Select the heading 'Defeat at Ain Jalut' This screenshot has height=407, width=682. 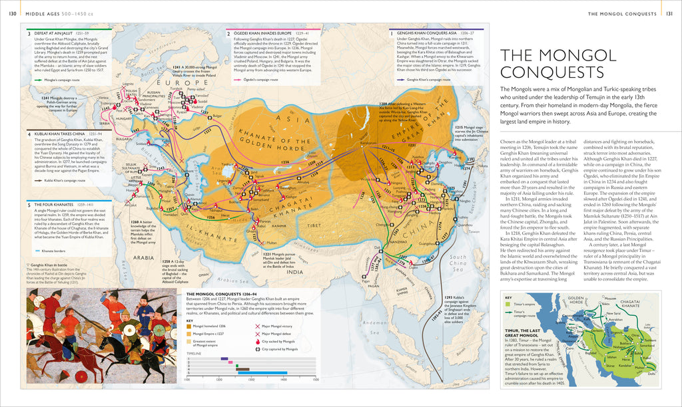coord(50,33)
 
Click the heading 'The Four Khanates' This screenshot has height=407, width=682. coord(52,204)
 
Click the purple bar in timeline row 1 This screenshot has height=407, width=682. coord(224,358)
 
